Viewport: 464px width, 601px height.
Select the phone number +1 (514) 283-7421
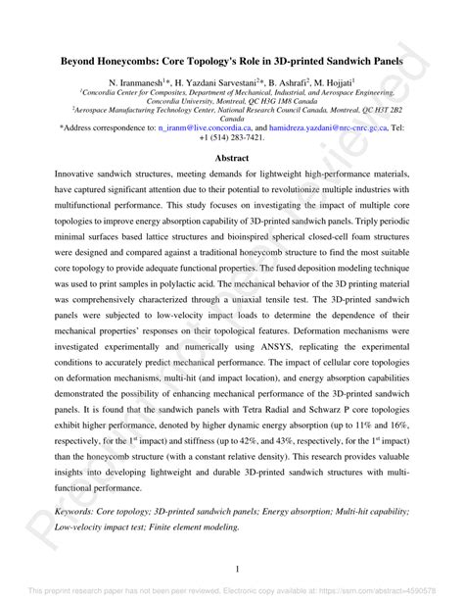pos(232,138)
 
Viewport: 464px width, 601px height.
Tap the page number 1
pos(232,567)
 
